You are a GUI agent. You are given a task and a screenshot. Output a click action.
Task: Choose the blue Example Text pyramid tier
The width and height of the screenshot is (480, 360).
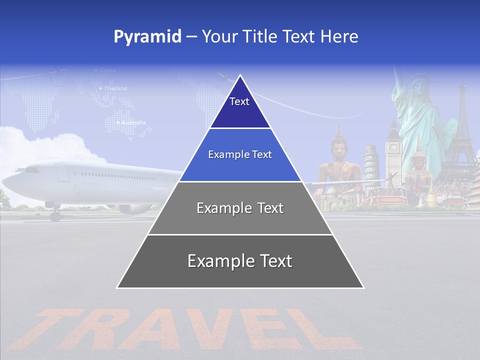pyautogui.click(x=240, y=155)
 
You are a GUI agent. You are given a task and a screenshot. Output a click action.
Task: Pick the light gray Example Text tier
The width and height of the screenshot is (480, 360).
pyautogui.click(x=240, y=208)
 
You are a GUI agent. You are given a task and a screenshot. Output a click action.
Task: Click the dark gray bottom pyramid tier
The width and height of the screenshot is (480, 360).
pyautogui.click(x=240, y=261)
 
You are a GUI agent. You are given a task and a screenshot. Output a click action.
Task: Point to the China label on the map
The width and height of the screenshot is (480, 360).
pyautogui.click(x=107, y=70)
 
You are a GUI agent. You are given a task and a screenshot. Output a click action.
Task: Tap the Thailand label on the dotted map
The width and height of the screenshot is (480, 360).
pyautogui.click(x=115, y=88)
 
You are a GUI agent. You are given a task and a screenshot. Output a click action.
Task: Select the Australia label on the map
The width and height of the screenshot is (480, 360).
pyautogui.click(x=133, y=122)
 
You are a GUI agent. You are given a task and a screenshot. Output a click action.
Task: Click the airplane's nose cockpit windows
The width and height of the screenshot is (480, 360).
pyautogui.click(x=30, y=170)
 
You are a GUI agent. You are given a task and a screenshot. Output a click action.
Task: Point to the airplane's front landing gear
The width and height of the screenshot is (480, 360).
pyautogui.click(x=54, y=214)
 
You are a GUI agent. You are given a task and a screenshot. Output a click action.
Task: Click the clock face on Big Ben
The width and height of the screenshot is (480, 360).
pyautogui.click(x=393, y=148)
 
